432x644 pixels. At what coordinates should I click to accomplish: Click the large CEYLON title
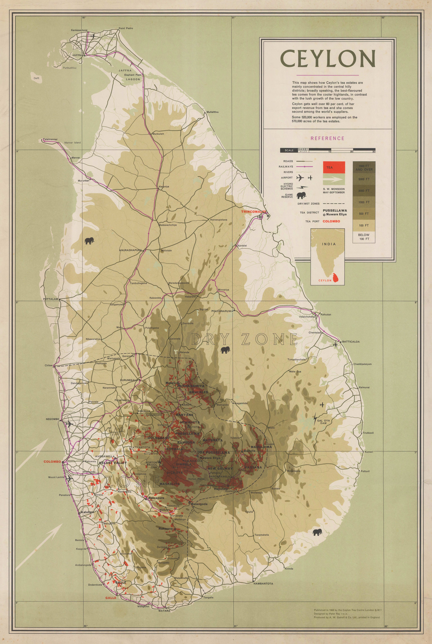click(328, 59)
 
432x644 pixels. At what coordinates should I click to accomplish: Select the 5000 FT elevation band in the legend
click(364, 179)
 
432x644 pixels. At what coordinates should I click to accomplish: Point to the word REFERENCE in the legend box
click(327, 138)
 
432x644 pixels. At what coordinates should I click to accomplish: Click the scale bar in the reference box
click(327, 150)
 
